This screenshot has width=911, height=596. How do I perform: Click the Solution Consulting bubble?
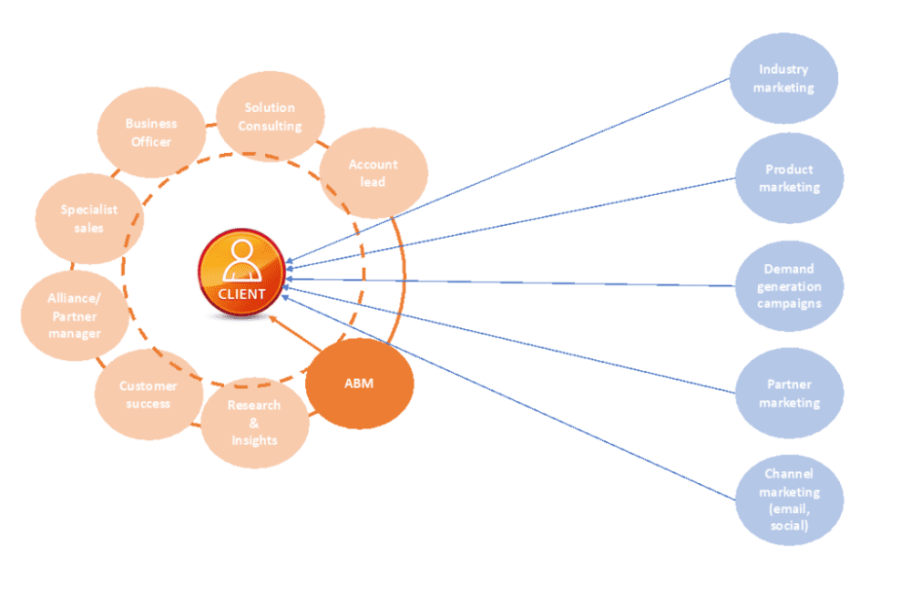pyautogui.click(x=271, y=117)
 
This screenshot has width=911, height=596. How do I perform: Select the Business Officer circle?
pyautogui.click(x=150, y=132)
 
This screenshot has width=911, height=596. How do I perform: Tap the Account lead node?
pyautogui.click(x=374, y=173)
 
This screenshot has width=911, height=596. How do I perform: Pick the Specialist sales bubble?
pyautogui.click(x=89, y=219)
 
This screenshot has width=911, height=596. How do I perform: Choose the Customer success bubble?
pyautogui.click(x=148, y=395)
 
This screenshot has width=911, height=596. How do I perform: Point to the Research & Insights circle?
pyautogui.click(x=254, y=423)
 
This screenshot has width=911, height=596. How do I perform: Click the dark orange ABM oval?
pyautogui.click(x=359, y=384)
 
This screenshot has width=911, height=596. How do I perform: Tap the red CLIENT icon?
pyautogui.click(x=241, y=274)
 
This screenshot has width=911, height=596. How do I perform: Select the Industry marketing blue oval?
pyautogui.click(x=785, y=78)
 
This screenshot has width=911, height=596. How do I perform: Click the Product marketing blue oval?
pyautogui.click(x=789, y=179)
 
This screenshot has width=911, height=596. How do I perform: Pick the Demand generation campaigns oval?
pyautogui.click(x=789, y=285)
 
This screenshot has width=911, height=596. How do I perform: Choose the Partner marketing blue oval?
pyautogui.click(x=789, y=394)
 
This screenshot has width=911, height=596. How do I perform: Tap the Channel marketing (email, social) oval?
pyautogui.click(x=789, y=499)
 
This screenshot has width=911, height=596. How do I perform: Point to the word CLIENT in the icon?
pyautogui.click(x=241, y=294)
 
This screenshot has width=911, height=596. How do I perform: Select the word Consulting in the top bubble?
pyautogui.click(x=270, y=127)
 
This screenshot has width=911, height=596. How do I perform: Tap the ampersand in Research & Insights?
pyautogui.click(x=253, y=423)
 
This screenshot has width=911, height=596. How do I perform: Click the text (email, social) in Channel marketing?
pyautogui.click(x=789, y=518)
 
